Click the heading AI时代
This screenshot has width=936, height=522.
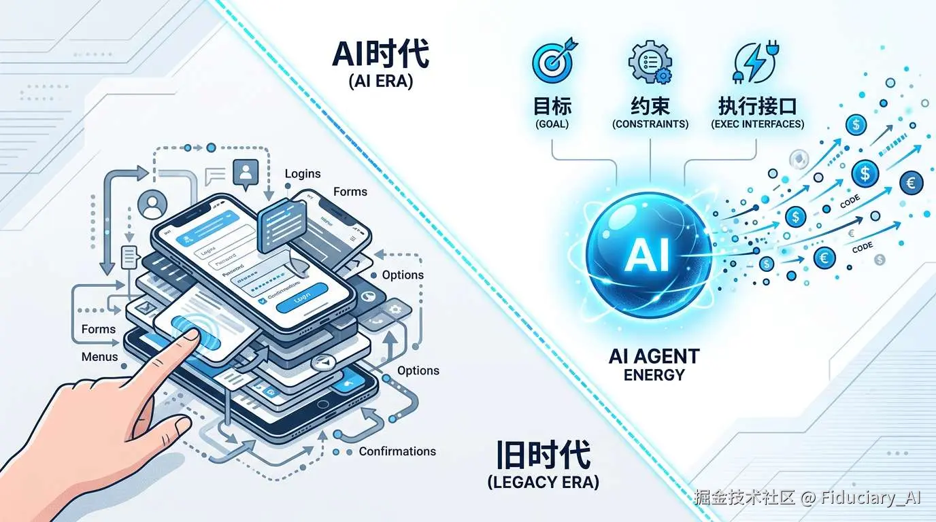tap(380, 54)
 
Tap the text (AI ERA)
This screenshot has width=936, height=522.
tap(380, 82)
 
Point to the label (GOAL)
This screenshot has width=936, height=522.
tap(552, 124)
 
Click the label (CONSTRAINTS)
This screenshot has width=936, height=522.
tap(650, 124)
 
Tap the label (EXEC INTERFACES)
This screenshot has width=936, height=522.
tap(757, 124)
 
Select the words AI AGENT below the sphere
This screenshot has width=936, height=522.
tap(654, 356)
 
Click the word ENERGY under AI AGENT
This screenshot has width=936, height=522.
tap(654, 374)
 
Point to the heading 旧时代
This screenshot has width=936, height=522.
tap(543, 455)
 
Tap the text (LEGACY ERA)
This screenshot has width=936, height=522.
tap(543, 483)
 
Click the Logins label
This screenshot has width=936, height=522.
tap(303, 174)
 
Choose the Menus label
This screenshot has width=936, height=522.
tap(100, 357)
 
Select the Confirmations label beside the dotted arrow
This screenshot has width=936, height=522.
tap(397, 451)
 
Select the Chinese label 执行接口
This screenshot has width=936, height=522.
tap(757, 106)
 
